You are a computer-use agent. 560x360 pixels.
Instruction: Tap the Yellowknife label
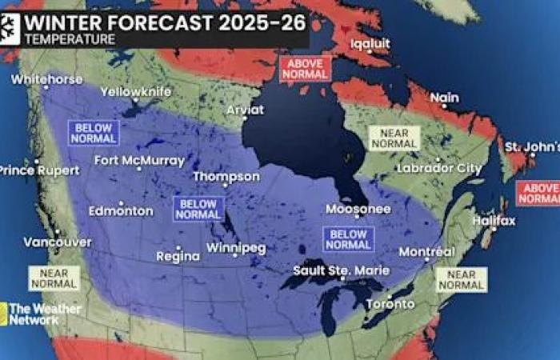(135, 91)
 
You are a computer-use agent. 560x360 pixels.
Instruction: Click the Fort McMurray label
(139, 160)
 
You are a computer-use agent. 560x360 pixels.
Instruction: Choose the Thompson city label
(226, 176)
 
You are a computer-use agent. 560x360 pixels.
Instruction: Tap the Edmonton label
(121, 210)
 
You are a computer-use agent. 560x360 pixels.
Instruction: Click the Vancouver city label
(57, 241)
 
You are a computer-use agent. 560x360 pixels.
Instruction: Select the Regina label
(178, 256)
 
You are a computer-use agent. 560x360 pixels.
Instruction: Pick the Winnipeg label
(235, 247)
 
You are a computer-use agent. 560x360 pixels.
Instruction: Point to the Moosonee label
(358, 209)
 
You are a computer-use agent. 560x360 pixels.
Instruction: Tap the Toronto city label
(390, 304)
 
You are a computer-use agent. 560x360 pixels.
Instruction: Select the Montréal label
(426, 251)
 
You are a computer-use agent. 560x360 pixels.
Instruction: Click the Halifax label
(494, 220)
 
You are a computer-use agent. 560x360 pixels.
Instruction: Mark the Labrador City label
(440, 169)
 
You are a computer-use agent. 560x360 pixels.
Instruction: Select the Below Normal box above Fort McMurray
(94, 133)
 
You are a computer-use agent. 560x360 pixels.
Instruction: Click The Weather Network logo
(40, 314)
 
